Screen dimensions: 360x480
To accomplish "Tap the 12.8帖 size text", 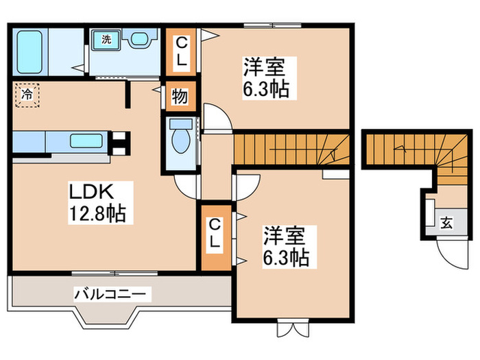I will (95, 214).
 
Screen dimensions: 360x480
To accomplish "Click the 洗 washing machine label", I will (106, 39).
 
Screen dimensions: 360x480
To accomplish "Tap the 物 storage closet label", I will (180, 97).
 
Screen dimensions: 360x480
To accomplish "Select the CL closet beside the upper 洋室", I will (181, 51).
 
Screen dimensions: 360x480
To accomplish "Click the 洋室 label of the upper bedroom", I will (263, 67).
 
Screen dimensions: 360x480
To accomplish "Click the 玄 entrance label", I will (446, 221).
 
